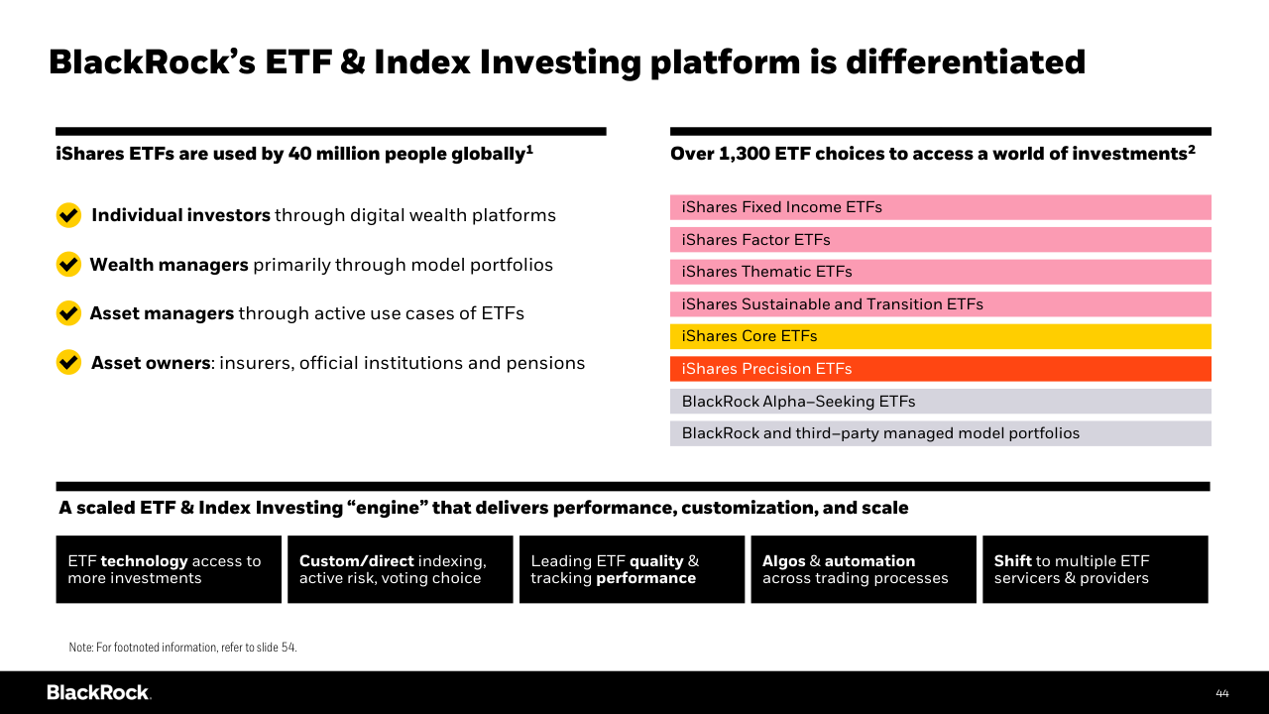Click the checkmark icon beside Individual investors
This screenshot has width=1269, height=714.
[x=68, y=215]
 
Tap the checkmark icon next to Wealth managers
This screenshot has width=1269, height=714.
[x=68, y=264]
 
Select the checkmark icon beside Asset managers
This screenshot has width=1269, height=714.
[x=68, y=313]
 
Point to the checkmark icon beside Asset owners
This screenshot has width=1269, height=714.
[x=68, y=362]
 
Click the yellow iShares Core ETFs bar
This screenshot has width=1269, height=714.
[x=940, y=336]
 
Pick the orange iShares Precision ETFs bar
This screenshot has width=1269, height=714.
[x=940, y=369]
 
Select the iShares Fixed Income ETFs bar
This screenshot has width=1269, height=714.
[x=940, y=207]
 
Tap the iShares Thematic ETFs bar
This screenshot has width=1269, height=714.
[x=940, y=272]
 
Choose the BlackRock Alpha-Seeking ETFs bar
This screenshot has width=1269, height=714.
[x=940, y=402]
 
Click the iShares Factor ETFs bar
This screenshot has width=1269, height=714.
[x=940, y=240]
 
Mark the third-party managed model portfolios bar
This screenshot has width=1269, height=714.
[x=940, y=433]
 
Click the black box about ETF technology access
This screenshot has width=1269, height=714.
[x=169, y=569]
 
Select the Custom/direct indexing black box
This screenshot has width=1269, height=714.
[x=400, y=569]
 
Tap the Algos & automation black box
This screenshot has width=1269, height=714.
[x=863, y=569]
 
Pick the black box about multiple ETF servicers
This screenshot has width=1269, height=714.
[x=1095, y=569]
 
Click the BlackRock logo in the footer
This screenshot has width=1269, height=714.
[x=98, y=692]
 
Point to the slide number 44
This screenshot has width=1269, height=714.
[x=1221, y=693]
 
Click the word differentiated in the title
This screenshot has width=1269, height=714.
[x=966, y=61]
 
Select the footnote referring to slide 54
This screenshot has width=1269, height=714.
[x=182, y=648]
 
